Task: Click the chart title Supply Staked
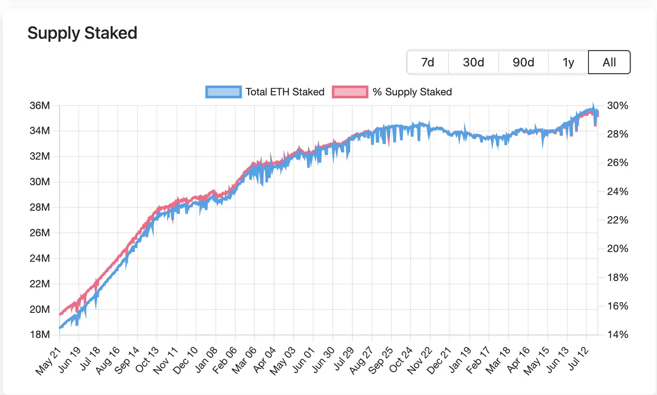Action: (82, 33)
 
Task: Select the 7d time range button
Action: (428, 63)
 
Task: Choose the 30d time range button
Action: (473, 63)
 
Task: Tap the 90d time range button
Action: (523, 63)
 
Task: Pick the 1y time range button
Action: (568, 63)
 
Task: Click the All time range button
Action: (609, 63)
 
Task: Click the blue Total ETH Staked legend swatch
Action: (223, 92)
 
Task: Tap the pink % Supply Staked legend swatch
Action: (350, 92)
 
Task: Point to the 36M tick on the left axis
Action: (40, 106)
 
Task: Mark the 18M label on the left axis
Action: (40, 335)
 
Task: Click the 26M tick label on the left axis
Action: (40, 233)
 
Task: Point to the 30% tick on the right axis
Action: (617, 106)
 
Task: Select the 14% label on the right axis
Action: (617, 335)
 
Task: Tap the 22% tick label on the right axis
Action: (617, 220)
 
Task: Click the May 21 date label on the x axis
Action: (48, 361)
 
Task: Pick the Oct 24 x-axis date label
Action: (401, 360)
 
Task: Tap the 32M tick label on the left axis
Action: (40, 156)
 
